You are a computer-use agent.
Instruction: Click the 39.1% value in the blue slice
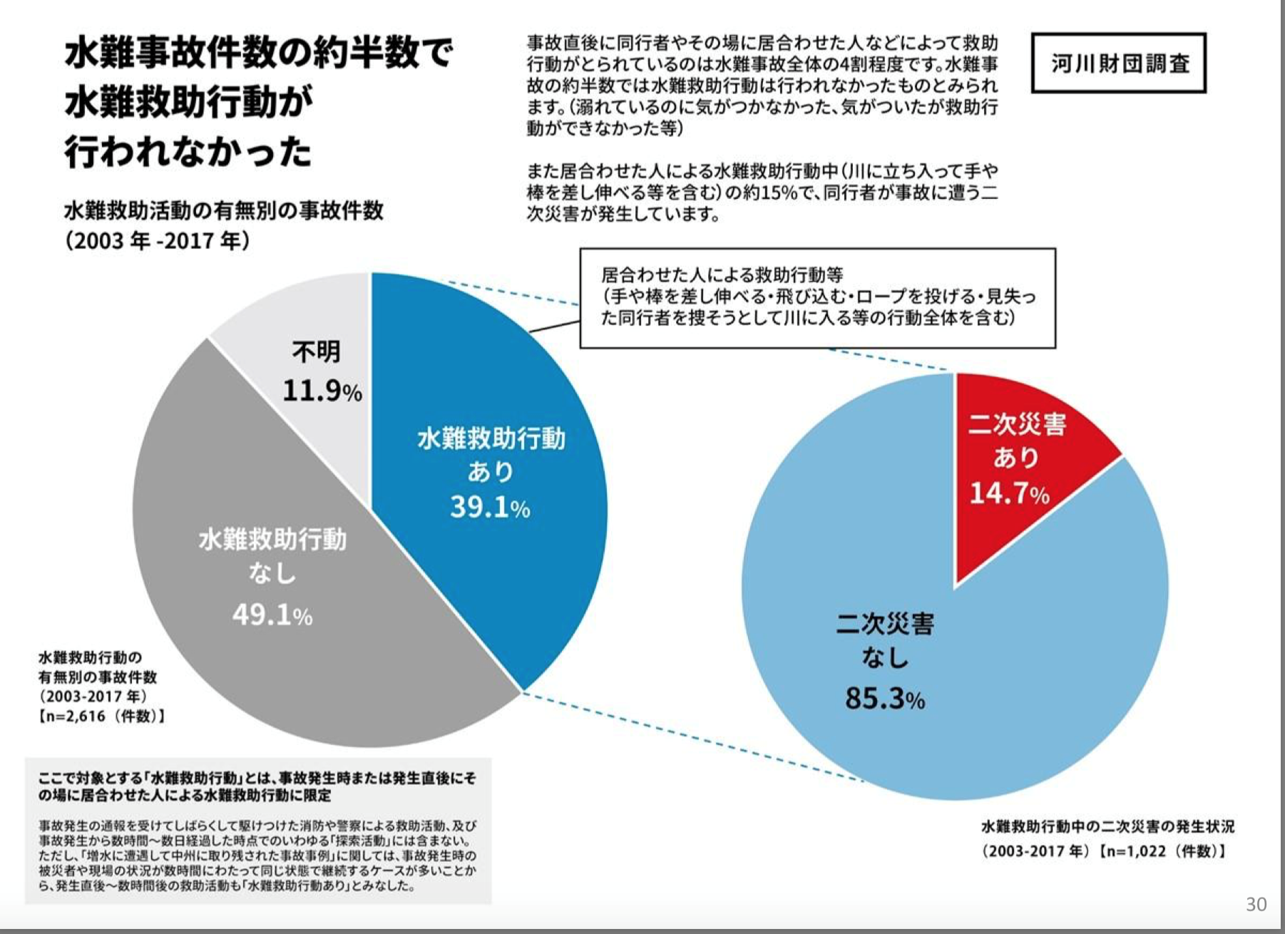489,507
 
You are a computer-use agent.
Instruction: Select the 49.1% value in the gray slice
272,615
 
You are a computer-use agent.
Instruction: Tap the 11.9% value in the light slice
322,391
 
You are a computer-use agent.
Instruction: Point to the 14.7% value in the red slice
1008,493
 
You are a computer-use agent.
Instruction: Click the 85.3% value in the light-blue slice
884,698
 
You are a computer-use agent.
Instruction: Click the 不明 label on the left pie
316,351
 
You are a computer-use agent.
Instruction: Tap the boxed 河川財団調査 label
1118,63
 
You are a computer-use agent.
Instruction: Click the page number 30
1256,904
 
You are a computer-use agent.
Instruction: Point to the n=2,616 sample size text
101,716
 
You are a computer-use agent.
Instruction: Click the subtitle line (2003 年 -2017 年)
157,241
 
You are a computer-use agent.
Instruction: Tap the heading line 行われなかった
188,152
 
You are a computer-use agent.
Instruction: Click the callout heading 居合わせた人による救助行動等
722,274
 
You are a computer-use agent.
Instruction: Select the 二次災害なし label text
884,640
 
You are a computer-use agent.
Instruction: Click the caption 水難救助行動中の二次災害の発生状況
1107,826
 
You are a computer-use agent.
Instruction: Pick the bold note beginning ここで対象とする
257,786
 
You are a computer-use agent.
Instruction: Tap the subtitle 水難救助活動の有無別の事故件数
224,210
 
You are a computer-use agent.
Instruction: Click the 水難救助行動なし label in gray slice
272,556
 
